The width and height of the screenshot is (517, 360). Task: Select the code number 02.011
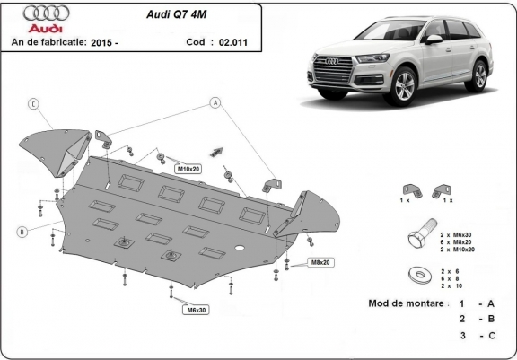pyautogui.click(x=226, y=42)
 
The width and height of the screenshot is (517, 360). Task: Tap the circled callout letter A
pyautogui.click(x=216, y=104)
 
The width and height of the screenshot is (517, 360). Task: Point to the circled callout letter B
pyautogui.click(x=20, y=233)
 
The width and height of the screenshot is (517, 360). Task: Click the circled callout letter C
pyautogui.click(x=33, y=104)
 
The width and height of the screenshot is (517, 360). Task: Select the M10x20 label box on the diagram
pyautogui.click(x=188, y=168)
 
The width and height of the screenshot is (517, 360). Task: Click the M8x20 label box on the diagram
pyautogui.click(x=320, y=262)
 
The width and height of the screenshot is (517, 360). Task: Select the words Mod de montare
pyautogui.click(x=407, y=303)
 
